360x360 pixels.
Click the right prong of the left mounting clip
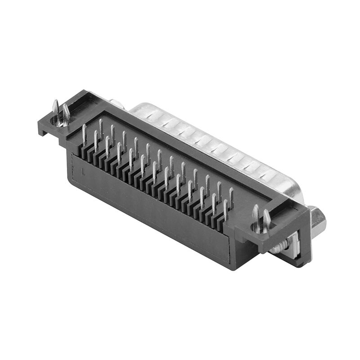coord(66,112)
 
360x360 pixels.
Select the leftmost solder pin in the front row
coord(84,133)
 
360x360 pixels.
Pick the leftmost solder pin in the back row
coord(101,127)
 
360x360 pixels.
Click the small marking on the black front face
coord(84,171)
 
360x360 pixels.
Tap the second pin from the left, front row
coord(96,139)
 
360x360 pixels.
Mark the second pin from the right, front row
coord(213,202)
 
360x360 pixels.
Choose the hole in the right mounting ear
coord(261,229)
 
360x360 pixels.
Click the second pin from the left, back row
coord(112,134)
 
